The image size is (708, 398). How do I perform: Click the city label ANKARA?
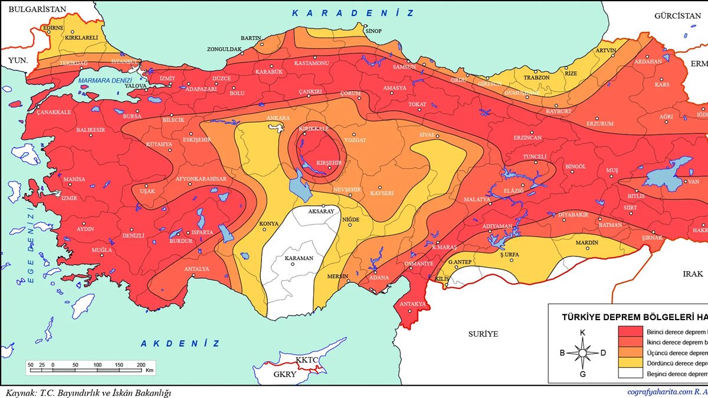click(x=278, y=118)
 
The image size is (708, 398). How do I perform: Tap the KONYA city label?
click(x=268, y=224)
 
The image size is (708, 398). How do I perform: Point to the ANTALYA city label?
click(x=197, y=269)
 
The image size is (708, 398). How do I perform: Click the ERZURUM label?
click(x=599, y=124)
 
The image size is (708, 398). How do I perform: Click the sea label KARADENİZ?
click(x=353, y=13)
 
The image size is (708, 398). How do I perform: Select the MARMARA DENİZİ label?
click(x=104, y=80)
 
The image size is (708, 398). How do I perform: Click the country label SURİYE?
click(x=483, y=334)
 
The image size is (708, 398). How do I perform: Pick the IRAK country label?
click(x=693, y=274)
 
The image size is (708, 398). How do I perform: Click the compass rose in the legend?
click(x=582, y=353)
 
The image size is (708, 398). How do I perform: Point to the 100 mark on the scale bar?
click(x=97, y=365)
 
